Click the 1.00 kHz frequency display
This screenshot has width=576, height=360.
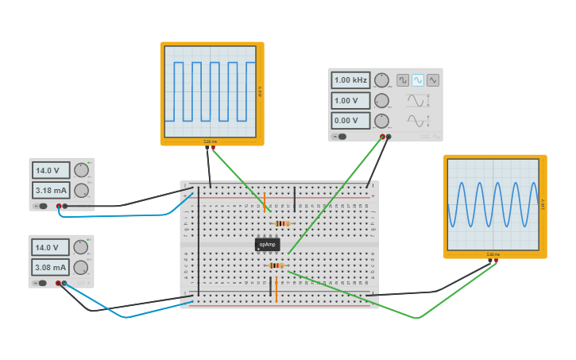pyautogui.click(x=350, y=80)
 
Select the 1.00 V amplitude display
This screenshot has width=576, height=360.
pyautogui.click(x=350, y=101)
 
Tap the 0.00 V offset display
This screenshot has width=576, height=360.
pyautogui.click(x=350, y=121)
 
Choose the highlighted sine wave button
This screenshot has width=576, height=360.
pyautogui.click(x=418, y=80)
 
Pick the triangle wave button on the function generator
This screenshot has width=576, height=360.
pyautogui.click(x=433, y=80)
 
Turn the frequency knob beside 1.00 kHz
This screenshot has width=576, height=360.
pyautogui.click(x=382, y=80)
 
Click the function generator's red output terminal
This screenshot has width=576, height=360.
pyautogui.click(x=382, y=137)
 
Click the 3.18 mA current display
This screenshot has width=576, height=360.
pyautogui.click(x=51, y=191)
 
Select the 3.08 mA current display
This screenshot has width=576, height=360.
pyautogui.click(x=51, y=268)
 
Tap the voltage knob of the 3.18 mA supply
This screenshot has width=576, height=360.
pyautogui.click(x=81, y=170)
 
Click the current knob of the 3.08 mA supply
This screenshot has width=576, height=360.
pyautogui.click(x=81, y=268)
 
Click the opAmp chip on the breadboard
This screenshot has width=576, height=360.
pyautogui.click(x=267, y=245)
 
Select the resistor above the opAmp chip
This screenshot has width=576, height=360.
pyautogui.click(x=282, y=224)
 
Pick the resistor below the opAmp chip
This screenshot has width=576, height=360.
pyautogui.click(x=276, y=265)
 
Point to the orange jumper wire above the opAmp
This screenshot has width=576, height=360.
pyautogui.click(x=265, y=202)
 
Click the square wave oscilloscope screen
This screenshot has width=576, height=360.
pyautogui.click(x=211, y=93)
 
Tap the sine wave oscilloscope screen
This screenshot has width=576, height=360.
pyautogui.click(x=494, y=206)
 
